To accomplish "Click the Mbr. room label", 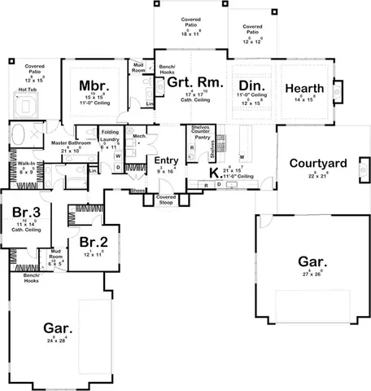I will tap(89, 86).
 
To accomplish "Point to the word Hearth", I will tap(305, 88).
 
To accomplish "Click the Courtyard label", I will tap(319, 163).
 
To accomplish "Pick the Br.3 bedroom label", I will tap(21, 213).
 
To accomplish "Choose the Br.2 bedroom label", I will tap(94, 241).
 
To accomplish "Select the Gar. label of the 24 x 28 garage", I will tap(61, 328).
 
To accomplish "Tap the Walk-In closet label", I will tap(26, 164).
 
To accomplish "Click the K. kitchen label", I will tap(213, 173).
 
